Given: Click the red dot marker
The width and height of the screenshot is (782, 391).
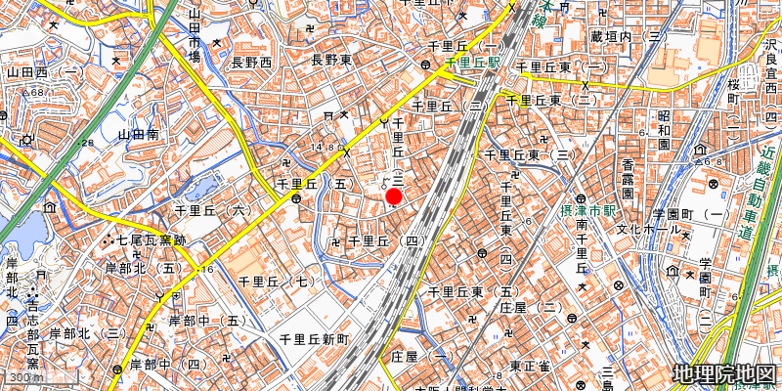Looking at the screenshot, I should click(x=394, y=197).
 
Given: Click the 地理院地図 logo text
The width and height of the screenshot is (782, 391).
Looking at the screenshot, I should click(x=724, y=374).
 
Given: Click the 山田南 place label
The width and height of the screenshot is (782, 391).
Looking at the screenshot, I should click(x=138, y=136).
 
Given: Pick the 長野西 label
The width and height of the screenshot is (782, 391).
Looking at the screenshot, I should click(x=251, y=62).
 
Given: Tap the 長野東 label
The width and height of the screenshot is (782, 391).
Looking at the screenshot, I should click(x=330, y=61).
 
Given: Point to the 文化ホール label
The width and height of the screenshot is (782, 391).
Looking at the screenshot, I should click(x=648, y=229).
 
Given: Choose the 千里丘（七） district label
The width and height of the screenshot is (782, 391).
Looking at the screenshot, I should click(x=278, y=282).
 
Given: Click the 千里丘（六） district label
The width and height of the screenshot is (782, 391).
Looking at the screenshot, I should click(x=212, y=210).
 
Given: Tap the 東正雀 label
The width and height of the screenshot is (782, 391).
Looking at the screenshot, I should click(x=529, y=367).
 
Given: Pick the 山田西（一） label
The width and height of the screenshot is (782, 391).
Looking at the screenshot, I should click(x=44, y=71).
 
